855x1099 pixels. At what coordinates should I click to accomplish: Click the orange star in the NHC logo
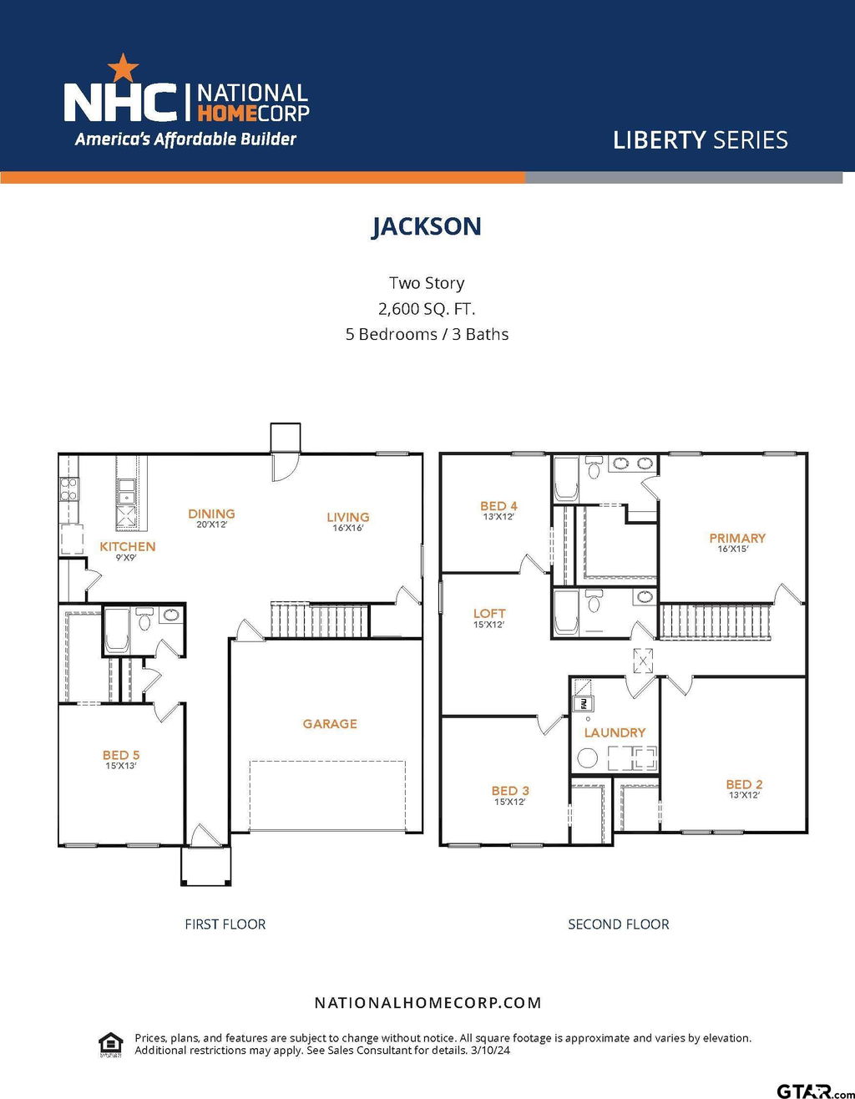tap(124, 68)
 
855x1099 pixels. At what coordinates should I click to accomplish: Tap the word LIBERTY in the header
tap(660, 140)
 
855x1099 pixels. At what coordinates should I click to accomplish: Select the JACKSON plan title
tap(427, 226)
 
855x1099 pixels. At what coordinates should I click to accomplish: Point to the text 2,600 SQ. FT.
tap(427, 308)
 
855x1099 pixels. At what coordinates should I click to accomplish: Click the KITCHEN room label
tap(128, 546)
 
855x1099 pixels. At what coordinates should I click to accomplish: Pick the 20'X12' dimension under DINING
tap(211, 524)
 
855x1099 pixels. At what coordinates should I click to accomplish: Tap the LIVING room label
tap(348, 517)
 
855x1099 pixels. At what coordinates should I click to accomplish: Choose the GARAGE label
tap(330, 724)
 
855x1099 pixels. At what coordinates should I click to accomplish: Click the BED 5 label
tap(121, 755)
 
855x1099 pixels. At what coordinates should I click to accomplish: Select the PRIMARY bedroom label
tap(737, 538)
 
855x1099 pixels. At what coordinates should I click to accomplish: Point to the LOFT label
tap(489, 614)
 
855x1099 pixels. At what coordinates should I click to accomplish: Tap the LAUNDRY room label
tap(615, 732)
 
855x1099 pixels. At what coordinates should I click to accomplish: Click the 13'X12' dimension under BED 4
tap(498, 517)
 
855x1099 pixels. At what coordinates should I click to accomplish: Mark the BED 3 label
tap(510, 791)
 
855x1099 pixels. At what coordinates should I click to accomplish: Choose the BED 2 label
tap(744, 784)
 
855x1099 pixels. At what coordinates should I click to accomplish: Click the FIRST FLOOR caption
tap(225, 924)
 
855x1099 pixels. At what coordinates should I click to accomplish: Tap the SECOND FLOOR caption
tap(619, 924)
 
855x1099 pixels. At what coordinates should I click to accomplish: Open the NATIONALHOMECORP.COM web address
tap(427, 1003)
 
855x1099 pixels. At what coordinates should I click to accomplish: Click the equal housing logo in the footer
tap(111, 1045)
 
